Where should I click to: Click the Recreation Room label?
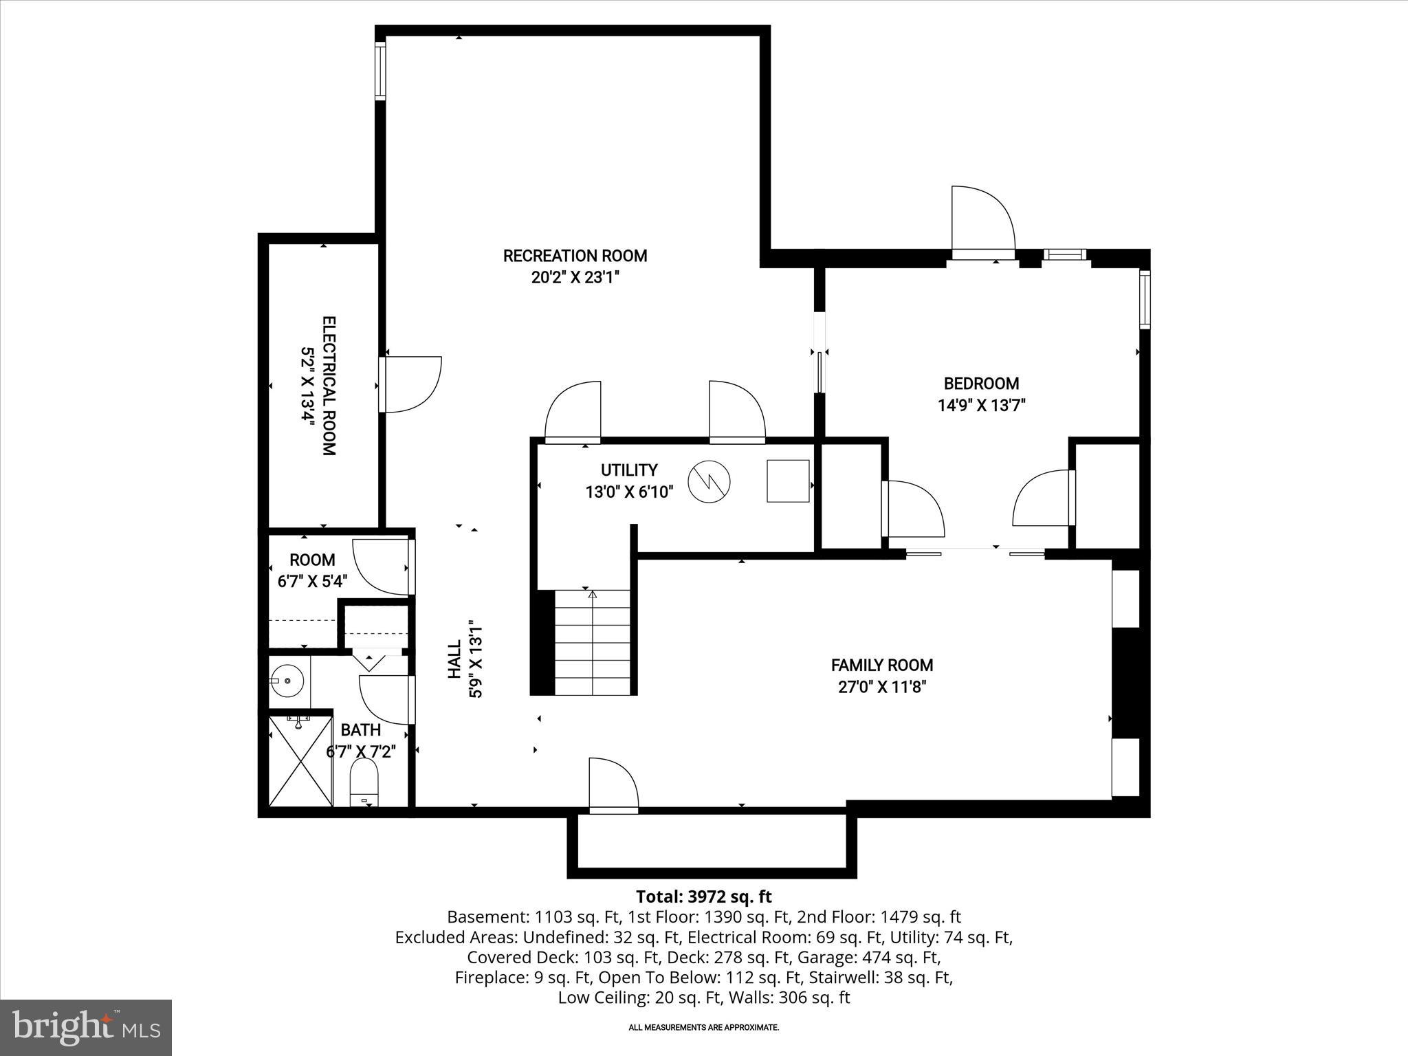point(575,256)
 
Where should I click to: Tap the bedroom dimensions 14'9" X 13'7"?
point(981,406)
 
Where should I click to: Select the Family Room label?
point(882,665)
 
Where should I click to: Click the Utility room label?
point(629,470)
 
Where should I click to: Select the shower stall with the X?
point(300,761)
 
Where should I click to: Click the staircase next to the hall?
point(593,643)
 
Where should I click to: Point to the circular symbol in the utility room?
point(709,481)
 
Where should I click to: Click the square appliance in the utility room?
point(788,481)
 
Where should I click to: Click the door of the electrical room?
point(410,384)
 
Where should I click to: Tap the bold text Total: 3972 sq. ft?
point(703,896)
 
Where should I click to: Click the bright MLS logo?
point(86,1027)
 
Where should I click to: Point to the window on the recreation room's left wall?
point(379,70)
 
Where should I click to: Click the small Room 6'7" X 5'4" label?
point(312,570)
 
